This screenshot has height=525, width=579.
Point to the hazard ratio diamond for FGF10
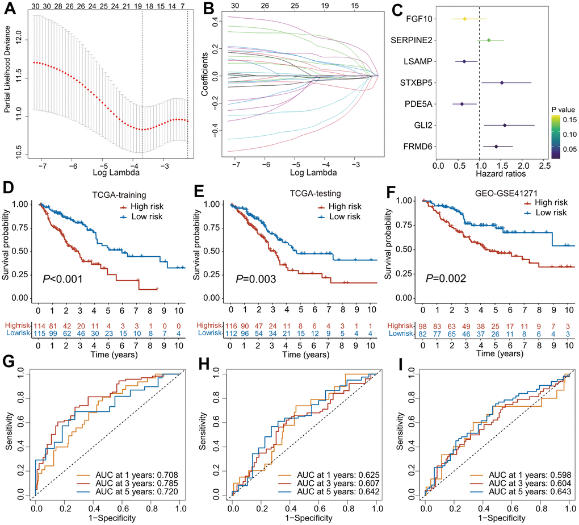tap(465, 19)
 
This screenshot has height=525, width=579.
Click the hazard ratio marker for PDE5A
tap(462, 104)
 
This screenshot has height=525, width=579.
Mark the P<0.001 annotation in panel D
tap(63, 279)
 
